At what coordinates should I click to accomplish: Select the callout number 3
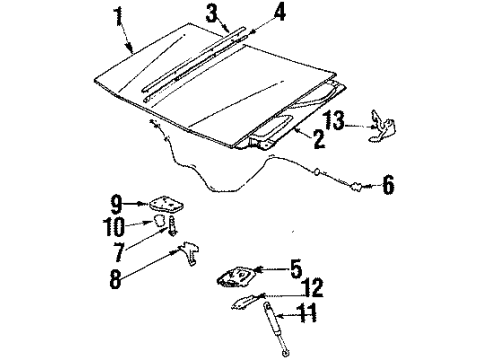(212, 13)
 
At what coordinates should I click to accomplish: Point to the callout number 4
(252, 13)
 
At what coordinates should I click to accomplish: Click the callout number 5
(295, 268)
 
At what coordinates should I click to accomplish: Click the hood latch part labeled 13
(379, 126)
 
